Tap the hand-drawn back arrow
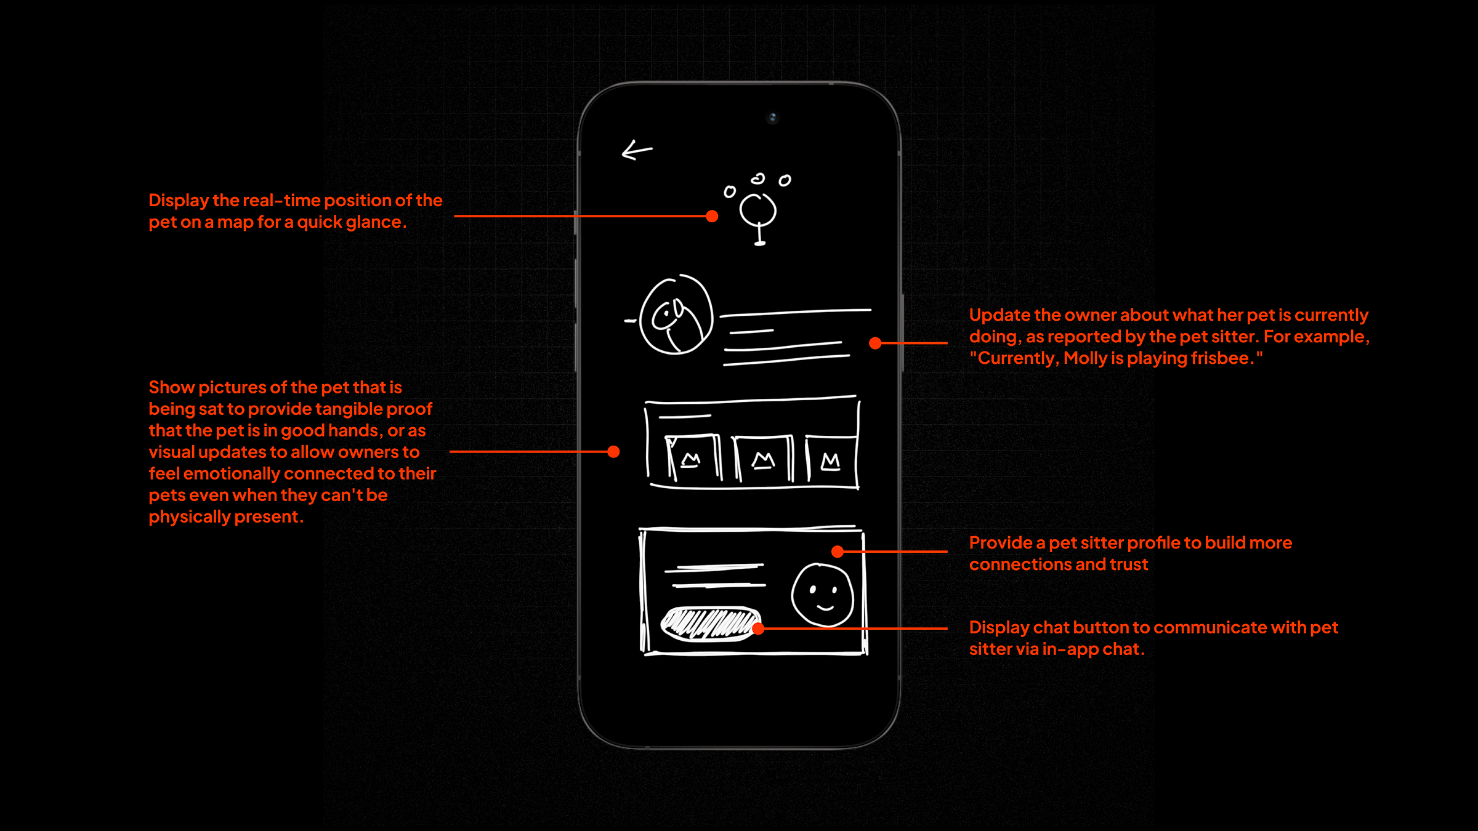coord(637,150)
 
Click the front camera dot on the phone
coord(772,117)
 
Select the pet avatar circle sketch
coord(676,315)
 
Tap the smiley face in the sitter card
coord(822,595)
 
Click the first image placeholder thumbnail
coord(693,458)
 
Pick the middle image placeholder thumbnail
coord(763,459)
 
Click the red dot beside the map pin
coord(712,216)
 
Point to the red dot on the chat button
coord(759,628)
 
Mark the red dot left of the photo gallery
coord(613,452)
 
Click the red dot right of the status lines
coord(875,343)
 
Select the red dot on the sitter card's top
coord(838,552)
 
